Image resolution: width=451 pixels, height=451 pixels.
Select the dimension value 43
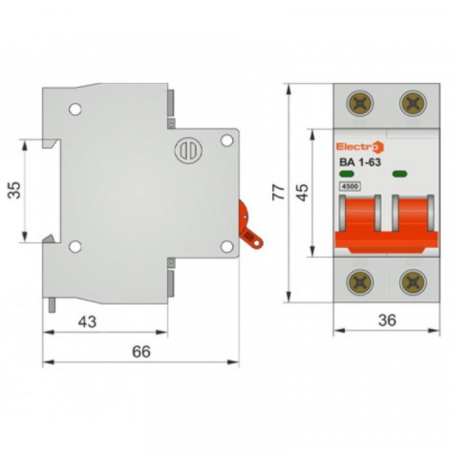point(87,321)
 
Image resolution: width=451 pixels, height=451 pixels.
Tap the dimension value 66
point(141,351)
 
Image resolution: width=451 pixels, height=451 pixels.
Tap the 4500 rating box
point(350,186)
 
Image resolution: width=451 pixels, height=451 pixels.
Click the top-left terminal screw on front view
point(359,103)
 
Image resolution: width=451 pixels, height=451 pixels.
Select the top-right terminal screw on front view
point(411,103)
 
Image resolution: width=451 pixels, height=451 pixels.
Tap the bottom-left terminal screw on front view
point(359,281)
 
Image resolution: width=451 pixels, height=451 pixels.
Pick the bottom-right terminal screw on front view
point(411,281)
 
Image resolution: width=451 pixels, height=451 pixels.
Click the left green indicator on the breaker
point(347,174)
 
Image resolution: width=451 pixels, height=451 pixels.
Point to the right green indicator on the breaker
point(400,174)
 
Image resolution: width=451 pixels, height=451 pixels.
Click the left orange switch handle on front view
point(359,222)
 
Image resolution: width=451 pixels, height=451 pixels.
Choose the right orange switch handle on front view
point(411,222)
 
